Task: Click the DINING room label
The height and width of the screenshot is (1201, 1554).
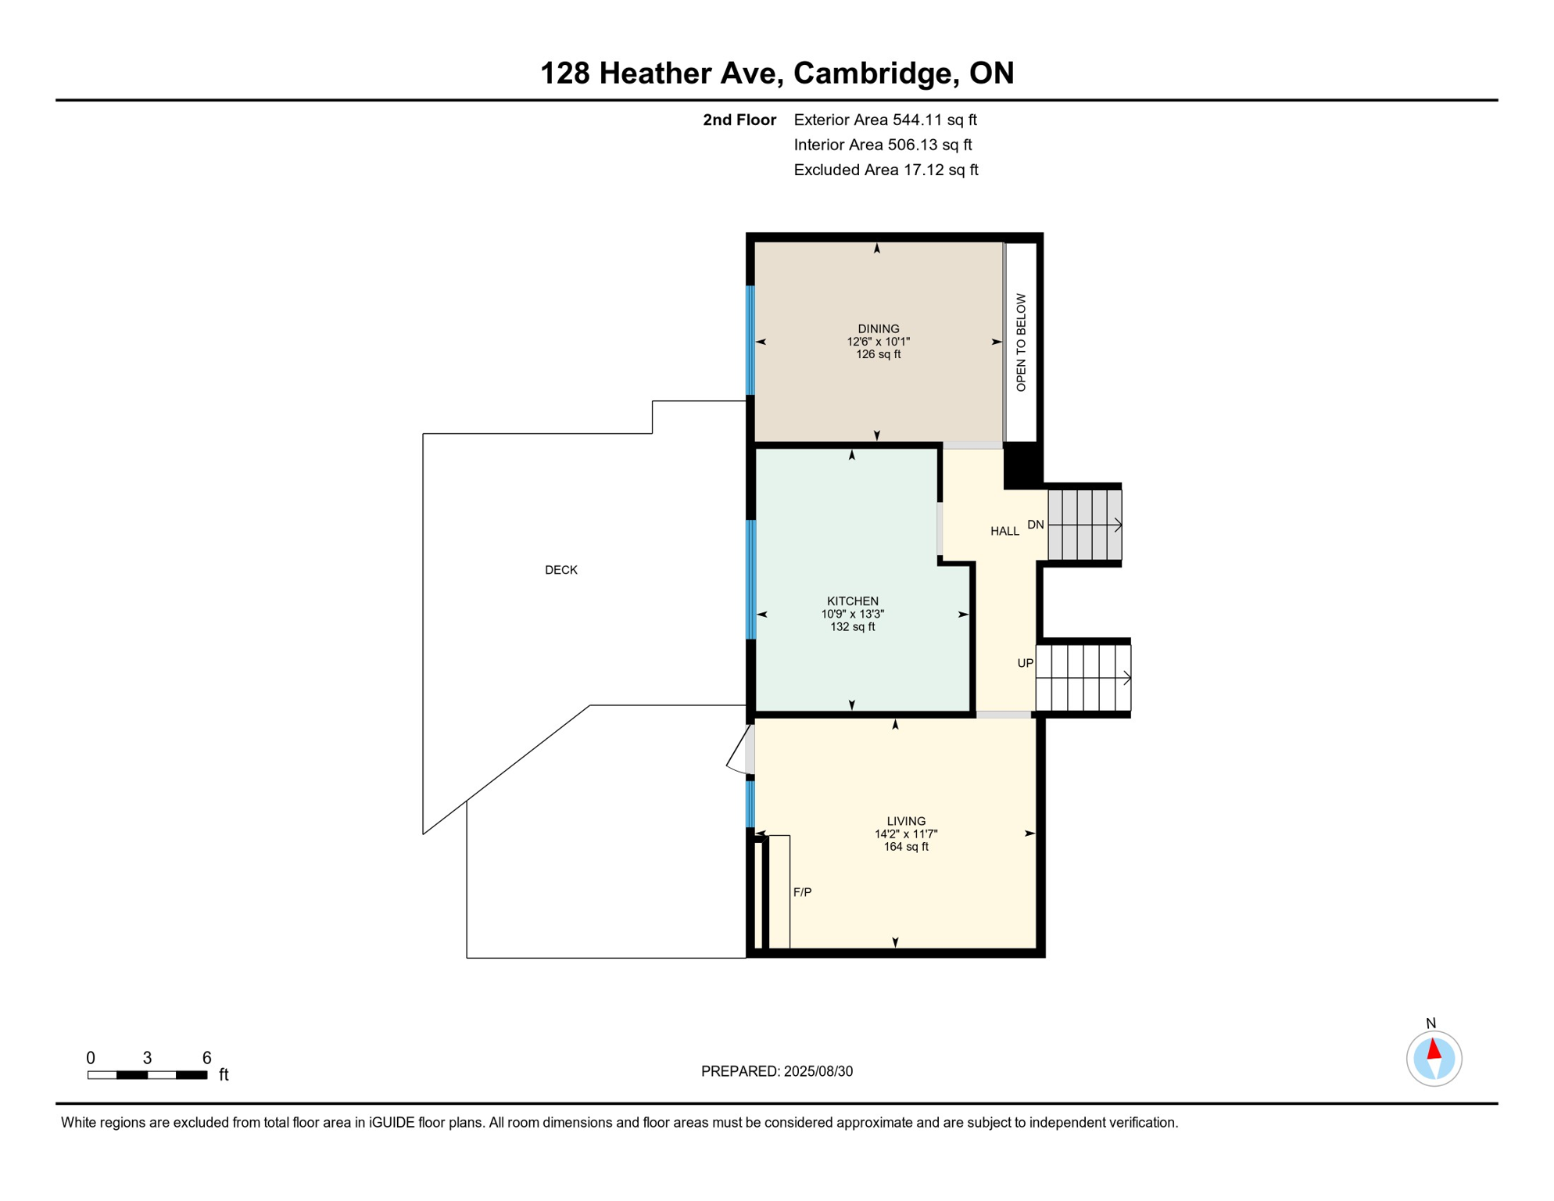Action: pyautogui.click(x=878, y=328)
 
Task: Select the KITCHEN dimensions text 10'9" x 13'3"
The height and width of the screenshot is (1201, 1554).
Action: pyautogui.click(x=852, y=614)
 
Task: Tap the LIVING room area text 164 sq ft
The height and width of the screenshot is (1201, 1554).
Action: pyautogui.click(x=906, y=847)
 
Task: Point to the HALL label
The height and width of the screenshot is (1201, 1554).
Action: pyautogui.click(x=1004, y=532)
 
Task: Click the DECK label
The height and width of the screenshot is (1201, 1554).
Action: pyautogui.click(x=560, y=570)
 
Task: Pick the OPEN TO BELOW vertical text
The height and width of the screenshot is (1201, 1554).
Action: pyautogui.click(x=1021, y=342)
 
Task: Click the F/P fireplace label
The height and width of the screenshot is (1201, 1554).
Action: pyautogui.click(x=802, y=892)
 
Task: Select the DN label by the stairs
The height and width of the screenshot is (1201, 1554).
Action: pyautogui.click(x=1035, y=525)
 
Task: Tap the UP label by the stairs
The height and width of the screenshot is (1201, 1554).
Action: pyautogui.click(x=1025, y=663)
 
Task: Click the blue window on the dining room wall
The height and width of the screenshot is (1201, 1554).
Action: pyautogui.click(x=750, y=340)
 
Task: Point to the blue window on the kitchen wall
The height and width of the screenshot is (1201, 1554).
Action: pyautogui.click(x=751, y=579)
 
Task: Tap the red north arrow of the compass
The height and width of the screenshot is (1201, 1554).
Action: pyautogui.click(x=1434, y=1049)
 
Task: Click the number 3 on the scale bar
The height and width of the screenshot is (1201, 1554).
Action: pyautogui.click(x=147, y=1058)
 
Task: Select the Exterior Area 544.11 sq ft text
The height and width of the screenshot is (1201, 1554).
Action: pyautogui.click(x=885, y=120)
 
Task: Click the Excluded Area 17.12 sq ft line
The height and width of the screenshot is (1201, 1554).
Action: pyautogui.click(x=886, y=170)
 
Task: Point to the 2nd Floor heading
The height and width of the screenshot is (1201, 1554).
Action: pyautogui.click(x=739, y=120)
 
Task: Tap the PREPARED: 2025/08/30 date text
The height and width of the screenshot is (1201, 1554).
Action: pyautogui.click(x=776, y=1071)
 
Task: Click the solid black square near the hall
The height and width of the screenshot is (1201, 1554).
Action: pyautogui.click(x=1021, y=466)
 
